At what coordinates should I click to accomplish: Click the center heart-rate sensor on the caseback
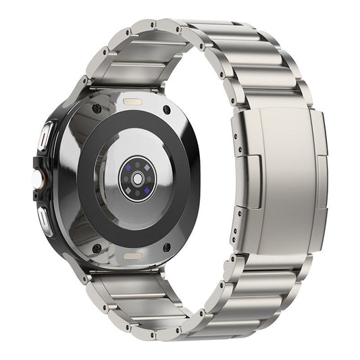pyautogui.click(x=137, y=178)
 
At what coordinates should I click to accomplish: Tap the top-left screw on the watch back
pyautogui.click(x=97, y=109)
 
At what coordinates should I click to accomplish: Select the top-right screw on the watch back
pyautogui.click(x=166, y=109)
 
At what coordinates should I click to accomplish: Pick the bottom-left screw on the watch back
pyautogui.click(x=97, y=248)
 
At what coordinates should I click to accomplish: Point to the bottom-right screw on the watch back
pyautogui.click(x=166, y=247)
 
